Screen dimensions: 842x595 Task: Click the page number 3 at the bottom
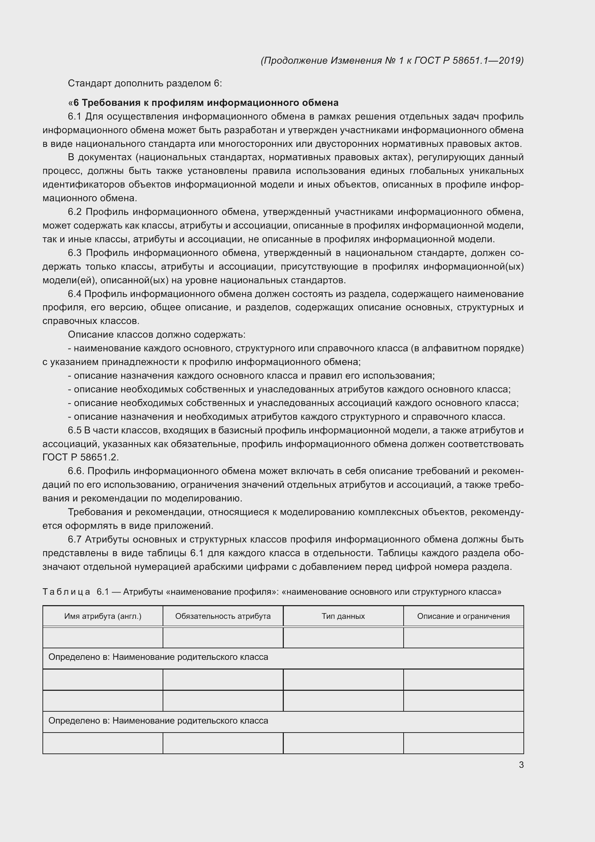[x=521, y=765]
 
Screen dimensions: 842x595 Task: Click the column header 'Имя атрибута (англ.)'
[x=103, y=616]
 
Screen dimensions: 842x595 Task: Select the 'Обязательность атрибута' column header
[x=223, y=616]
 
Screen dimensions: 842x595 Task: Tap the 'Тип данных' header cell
[x=343, y=616]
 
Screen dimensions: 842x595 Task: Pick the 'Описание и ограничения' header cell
[x=463, y=616]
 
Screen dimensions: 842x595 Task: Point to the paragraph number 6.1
[x=74, y=117]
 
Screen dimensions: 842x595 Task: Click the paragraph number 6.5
[x=74, y=430]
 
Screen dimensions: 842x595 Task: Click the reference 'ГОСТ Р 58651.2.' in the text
[x=81, y=457]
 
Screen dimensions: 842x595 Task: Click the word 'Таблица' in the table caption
[x=66, y=591]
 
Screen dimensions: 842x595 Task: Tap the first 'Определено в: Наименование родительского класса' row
[x=158, y=657]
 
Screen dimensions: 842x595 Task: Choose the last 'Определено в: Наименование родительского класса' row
[x=158, y=721]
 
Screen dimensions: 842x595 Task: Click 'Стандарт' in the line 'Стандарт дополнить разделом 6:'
[x=90, y=83]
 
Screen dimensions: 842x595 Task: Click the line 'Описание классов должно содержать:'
[x=156, y=334]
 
